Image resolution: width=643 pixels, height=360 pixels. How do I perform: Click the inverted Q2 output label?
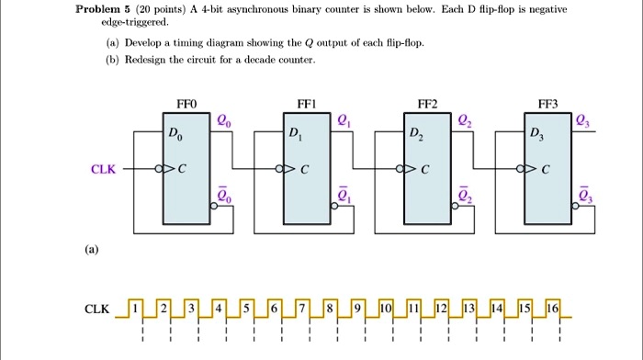(x=465, y=195)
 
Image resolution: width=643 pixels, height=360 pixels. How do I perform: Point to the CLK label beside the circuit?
(x=103, y=169)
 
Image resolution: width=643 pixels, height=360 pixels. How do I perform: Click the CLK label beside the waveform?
(x=97, y=309)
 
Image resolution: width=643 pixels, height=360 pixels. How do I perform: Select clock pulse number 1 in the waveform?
(x=135, y=309)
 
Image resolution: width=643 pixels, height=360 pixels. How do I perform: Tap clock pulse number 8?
(x=329, y=309)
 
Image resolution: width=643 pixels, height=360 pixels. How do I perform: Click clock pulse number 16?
(x=553, y=309)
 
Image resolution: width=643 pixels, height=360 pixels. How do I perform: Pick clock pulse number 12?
(x=441, y=309)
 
